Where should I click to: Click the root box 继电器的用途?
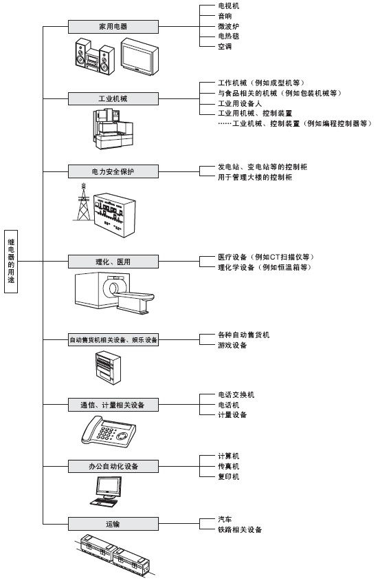pyautogui.click(x=11, y=261)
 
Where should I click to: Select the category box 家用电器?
pyautogui.click(x=113, y=27)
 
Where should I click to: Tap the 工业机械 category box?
pyautogui.click(x=113, y=99)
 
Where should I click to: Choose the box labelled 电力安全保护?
pyautogui.click(x=113, y=171)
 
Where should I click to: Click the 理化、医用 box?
pyautogui.click(x=113, y=262)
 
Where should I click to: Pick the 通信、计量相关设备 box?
pyautogui.click(x=113, y=405)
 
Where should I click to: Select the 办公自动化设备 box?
pyautogui.click(x=113, y=466)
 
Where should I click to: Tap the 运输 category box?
pyautogui.click(x=113, y=524)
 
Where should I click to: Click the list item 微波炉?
pyautogui.click(x=228, y=26)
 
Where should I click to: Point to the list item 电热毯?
pyautogui.click(x=228, y=36)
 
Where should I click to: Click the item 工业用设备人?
pyautogui.click(x=240, y=103)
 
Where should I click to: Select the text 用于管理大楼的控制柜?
pyautogui.click(x=255, y=177)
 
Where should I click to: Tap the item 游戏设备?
pyautogui.click(x=232, y=345)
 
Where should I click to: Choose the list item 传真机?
pyautogui.click(x=228, y=466)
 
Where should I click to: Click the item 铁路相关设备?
pyautogui.click(x=240, y=529)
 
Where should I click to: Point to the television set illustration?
pyautogui.click(x=139, y=56)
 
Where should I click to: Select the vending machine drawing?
pyautogui.click(x=109, y=368)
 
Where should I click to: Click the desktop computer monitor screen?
pyautogui.click(x=109, y=487)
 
